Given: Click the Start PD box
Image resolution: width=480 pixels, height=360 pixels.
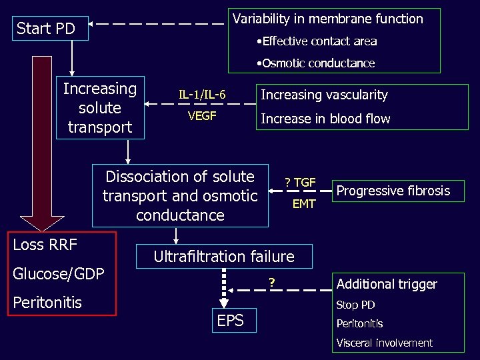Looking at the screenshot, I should pyautogui.click(x=46, y=29).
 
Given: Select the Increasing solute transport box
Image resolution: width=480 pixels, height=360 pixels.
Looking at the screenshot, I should pyautogui.click(x=100, y=108).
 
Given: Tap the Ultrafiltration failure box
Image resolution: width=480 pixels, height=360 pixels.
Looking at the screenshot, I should pyautogui.click(x=224, y=257).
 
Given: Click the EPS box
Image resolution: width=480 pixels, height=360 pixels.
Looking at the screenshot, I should pyautogui.click(x=231, y=321).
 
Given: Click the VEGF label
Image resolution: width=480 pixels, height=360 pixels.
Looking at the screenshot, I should pyautogui.click(x=202, y=117).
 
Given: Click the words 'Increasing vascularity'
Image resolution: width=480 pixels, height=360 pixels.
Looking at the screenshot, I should pyautogui.click(x=324, y=95).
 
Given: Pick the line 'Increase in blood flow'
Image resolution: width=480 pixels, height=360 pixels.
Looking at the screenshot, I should pyautogui.click(x=325, y=119).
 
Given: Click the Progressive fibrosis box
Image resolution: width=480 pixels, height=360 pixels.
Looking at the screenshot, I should pyautogui.click(x=393, y=191).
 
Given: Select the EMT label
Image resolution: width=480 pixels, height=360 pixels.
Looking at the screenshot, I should pyautogui.click(x=304, y=204).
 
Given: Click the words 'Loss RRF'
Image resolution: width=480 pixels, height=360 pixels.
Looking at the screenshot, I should pyautogui.click(x=45, y=245).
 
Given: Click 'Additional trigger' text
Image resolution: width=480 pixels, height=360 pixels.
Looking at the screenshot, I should pyautogui.click(x=387, y=284).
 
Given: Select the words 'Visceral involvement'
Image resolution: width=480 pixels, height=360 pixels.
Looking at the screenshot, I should pyautogui.click(x=384, y=343).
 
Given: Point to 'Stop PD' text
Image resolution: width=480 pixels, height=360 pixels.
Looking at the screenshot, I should pyautogui.click(x=355, y=305).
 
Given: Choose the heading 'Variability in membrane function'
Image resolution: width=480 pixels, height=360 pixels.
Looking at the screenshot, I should pyautogui.click(x=327, y=19).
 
